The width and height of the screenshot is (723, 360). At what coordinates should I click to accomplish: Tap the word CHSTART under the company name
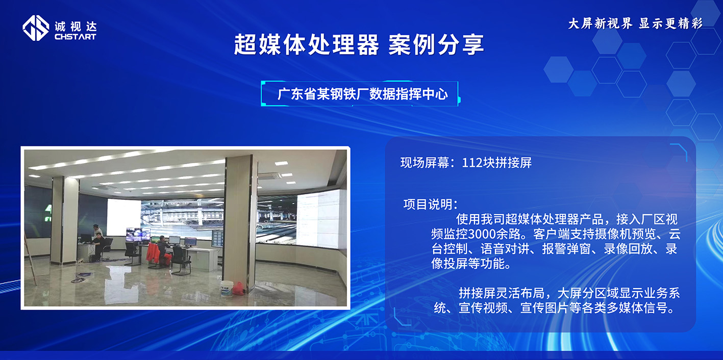(75, 37)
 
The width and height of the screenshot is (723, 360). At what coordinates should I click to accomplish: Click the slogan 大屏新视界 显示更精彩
(635, 23)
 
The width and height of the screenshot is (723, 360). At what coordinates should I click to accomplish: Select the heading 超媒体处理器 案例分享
(359, 45)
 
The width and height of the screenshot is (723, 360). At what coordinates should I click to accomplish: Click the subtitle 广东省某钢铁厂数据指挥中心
(362, 94)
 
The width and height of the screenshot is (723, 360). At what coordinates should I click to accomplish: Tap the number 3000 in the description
(483, 235)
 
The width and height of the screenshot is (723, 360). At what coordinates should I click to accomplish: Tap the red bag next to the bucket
(239, 289)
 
